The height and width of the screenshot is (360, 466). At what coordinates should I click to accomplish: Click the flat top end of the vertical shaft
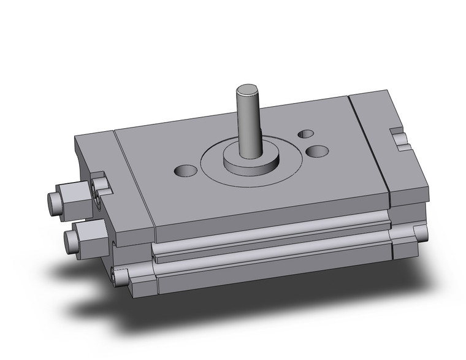pyautogui.click(x=248, y=92)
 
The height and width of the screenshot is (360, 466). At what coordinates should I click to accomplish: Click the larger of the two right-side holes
pyautogui.click(x=317, y=150)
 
